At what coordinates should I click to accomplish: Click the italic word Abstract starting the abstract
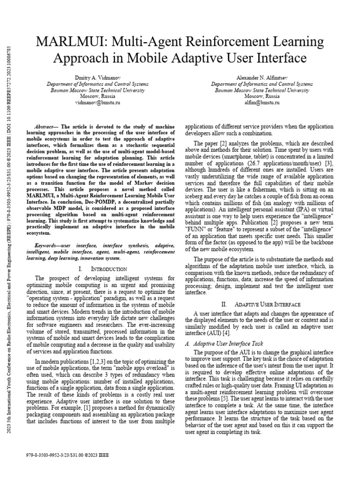point(45,127)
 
